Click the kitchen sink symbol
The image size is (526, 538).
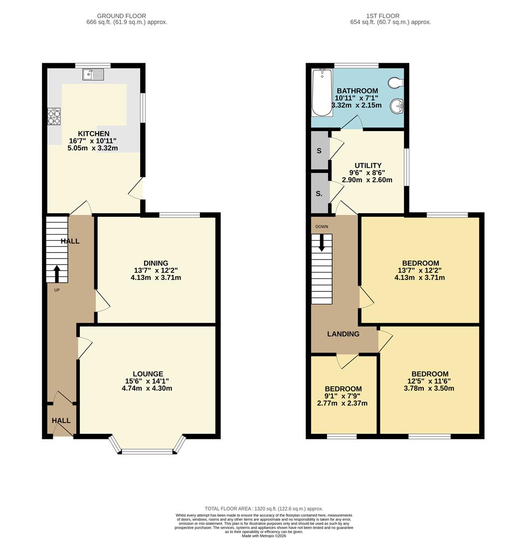click(94, 75)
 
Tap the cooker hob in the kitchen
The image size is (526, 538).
click(54, 117)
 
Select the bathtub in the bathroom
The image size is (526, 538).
click(322, 93)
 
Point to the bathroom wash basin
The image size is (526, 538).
click(397, 106)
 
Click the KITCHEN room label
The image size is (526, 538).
click(93, 134)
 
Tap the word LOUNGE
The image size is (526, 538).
click(148, 374)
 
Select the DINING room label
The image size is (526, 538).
click(156, 263)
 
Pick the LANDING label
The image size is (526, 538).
click(343, 334)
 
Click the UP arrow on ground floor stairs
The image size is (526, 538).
click(56, 273)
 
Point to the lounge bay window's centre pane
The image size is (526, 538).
click(148, 451)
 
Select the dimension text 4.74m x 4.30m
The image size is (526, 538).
click(147, 389)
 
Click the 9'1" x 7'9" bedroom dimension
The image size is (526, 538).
click(343, 396)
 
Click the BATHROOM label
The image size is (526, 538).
click(357, 91)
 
